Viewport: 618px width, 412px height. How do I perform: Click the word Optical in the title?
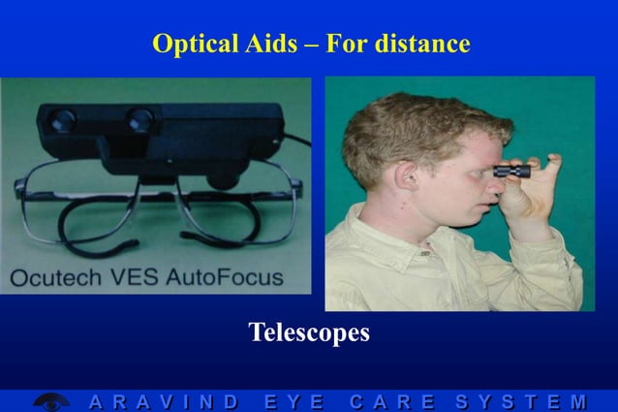click(x=195, y=44)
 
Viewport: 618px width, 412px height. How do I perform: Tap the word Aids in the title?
click(x=270, y=44)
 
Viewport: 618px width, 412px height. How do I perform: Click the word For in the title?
click(x=349, y=44)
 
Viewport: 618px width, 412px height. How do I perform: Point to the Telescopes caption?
click(x=309, y=333)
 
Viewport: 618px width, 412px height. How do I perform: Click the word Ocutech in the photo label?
click(x=54, y=277)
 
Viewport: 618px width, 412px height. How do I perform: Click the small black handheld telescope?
click(x=511, y=171)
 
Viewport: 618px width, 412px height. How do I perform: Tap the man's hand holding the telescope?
click(x=537, y=188)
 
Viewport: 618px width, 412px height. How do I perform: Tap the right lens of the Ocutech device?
click(x=141, y=120)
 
